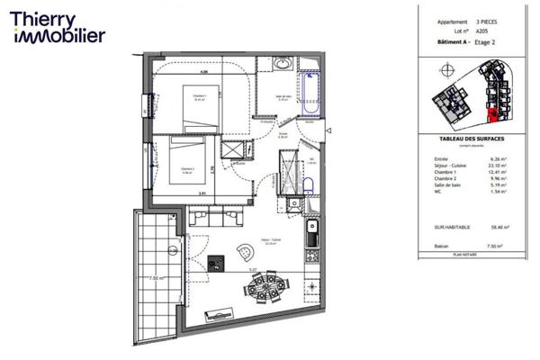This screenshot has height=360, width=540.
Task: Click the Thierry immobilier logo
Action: pos(58,26)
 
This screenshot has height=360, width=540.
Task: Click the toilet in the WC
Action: pos(307,184)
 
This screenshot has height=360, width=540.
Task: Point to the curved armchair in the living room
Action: pos(244,251)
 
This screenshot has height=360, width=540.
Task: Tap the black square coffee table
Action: pos(215,263)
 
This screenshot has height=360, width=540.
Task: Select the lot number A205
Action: pos(484,30)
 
